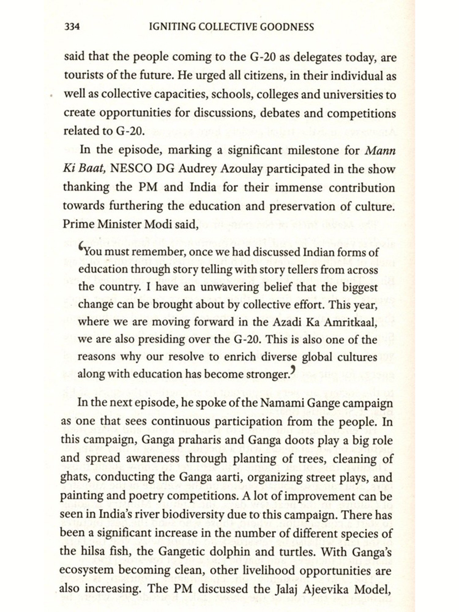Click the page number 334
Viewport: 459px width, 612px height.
72,27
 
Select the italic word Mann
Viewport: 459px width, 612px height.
380,150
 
